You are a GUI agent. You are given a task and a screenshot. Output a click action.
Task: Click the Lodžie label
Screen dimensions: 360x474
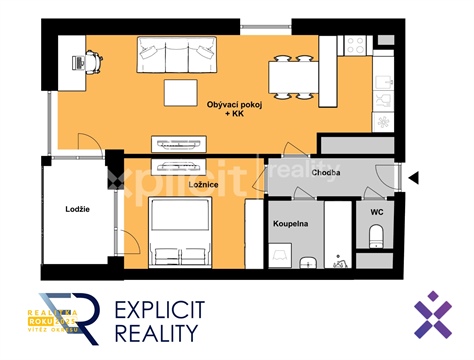(x=79, y=209)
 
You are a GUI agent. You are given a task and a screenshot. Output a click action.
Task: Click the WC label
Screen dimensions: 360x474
(x=377, y=212)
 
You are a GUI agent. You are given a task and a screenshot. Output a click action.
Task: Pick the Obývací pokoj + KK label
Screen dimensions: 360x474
(x=229, y=110)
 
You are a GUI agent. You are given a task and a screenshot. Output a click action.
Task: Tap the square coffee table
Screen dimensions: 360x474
(x=183, y=93)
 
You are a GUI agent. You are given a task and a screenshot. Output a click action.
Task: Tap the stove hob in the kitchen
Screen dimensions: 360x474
(x=354, y=45)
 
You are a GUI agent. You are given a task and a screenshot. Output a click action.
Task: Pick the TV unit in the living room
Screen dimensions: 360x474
(x=176, y=143)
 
